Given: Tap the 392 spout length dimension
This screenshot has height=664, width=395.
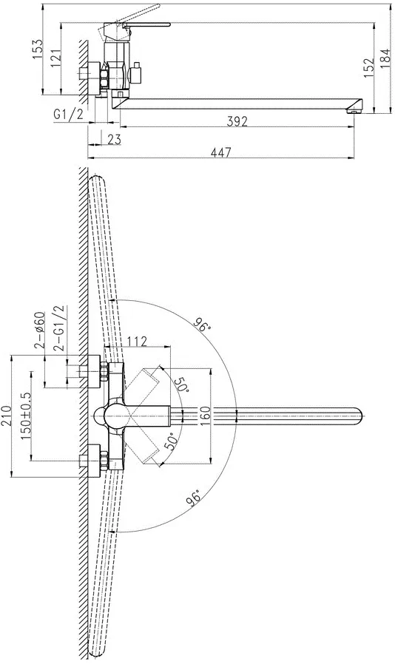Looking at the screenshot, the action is [x=237, y=121].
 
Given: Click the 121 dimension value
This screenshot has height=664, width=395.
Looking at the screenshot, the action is [x=55, y=59].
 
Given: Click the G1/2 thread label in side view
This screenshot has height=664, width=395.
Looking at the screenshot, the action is [x=69, y=114].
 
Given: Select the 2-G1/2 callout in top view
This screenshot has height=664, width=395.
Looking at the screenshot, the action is [x=60, y=328].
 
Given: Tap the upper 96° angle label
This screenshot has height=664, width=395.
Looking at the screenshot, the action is [x=203, y=323].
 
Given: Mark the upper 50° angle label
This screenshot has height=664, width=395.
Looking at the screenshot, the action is [x=180, y=384].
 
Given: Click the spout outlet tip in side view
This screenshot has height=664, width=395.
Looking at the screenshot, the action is [x=354, y=112].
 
